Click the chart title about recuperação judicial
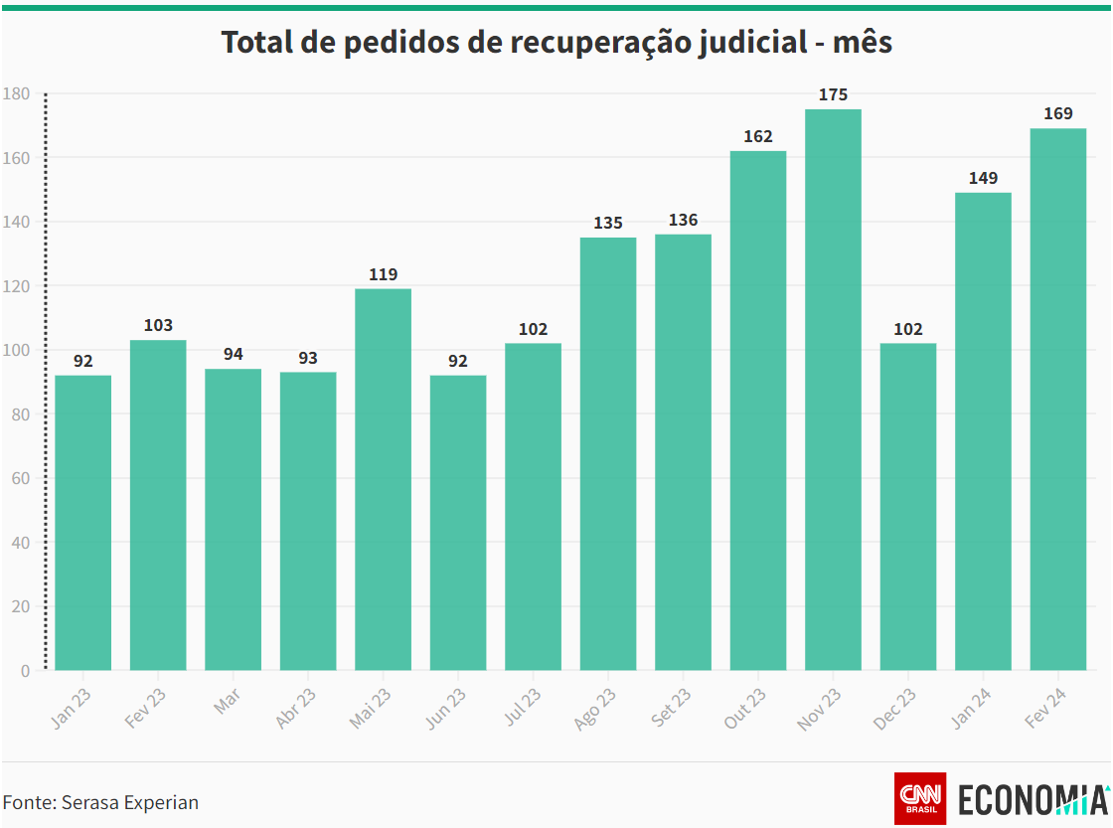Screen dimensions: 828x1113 click(556, 43)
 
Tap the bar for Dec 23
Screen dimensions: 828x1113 click(908, 506)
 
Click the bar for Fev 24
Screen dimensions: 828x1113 click(1057, 399)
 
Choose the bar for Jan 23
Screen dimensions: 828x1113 click(82, 522)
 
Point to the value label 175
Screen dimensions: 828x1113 click(833, 95)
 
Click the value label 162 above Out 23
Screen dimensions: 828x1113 click(758, 137)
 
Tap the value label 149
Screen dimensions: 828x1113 click(983, 179)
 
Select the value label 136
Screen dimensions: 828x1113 click(683, 221)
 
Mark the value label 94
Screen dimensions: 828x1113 click(233, 355)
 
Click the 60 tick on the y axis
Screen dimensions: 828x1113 click(20, 478)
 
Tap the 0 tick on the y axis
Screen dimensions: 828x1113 click(25, 671)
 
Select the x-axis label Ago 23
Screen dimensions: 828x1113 click(596, 710)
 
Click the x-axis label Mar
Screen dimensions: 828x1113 click(227, 702)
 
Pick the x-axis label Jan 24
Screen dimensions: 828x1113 click(971, 710)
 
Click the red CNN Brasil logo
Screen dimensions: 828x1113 click(920, 798)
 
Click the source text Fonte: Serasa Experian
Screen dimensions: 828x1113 click(100, 802)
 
